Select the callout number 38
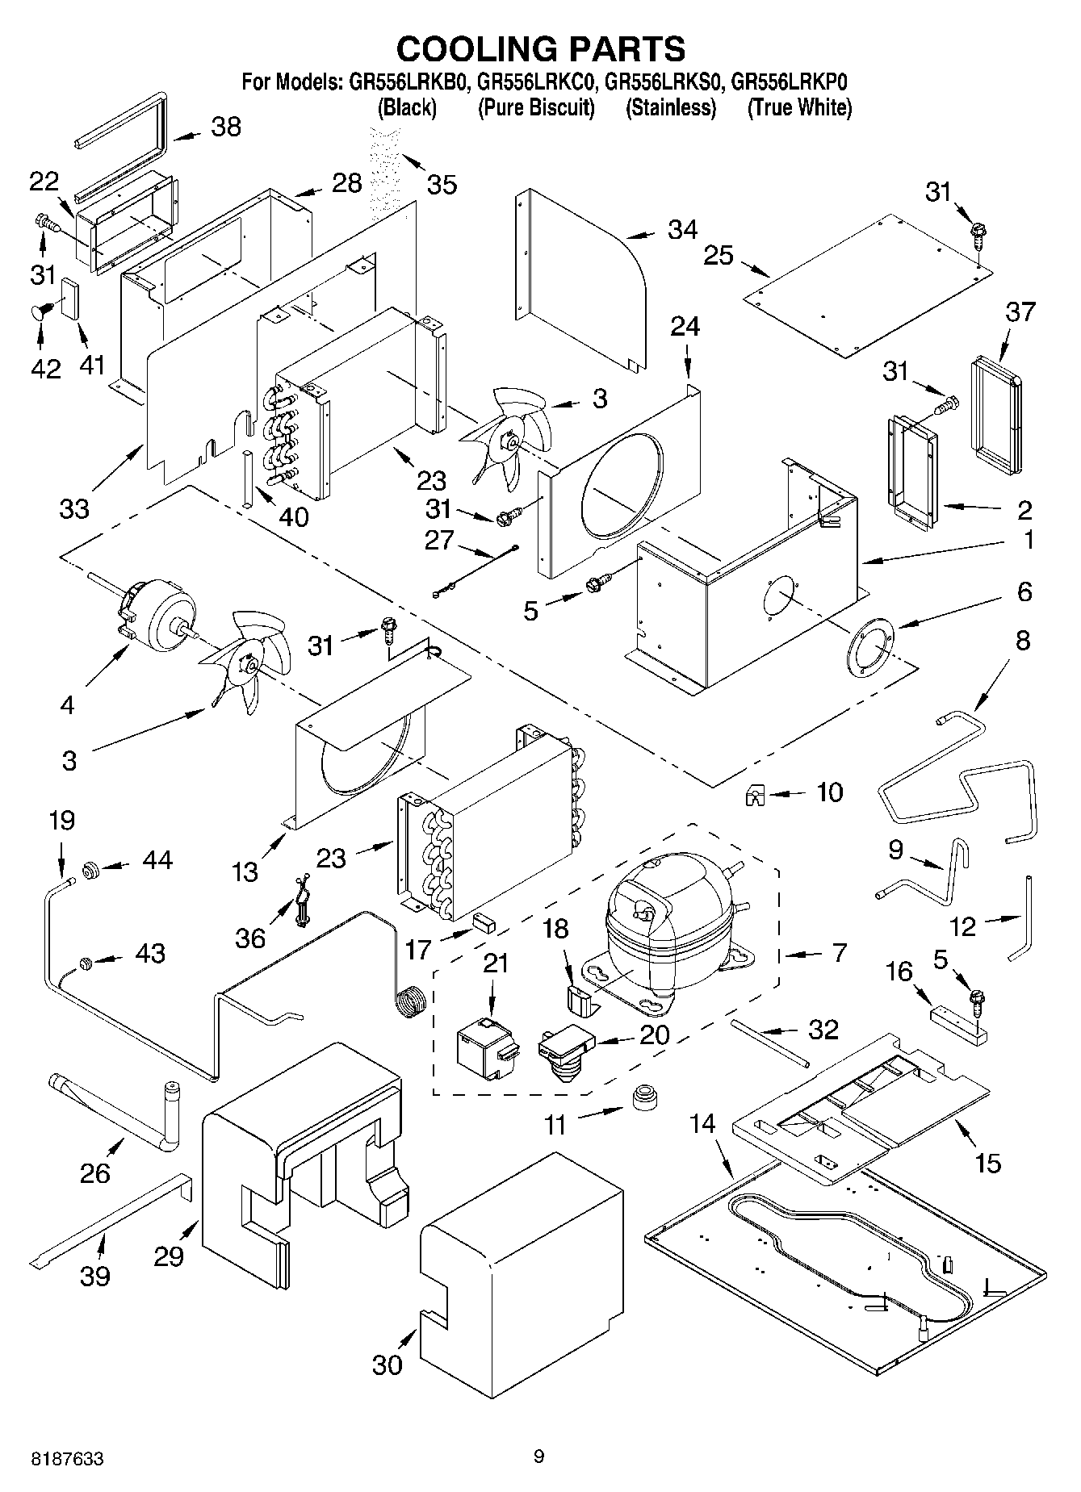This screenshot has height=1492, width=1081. pos(226,127)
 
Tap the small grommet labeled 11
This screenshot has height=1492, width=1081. pos(643,1098)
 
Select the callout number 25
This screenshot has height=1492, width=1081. pos(719,256)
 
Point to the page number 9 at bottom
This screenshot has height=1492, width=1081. pos(539,1456)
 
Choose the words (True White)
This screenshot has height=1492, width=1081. pos(799,107)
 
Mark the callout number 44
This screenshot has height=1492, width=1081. pos(157,860)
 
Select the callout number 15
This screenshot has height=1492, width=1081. pos(987,1163)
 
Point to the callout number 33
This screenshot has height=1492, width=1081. pos(74,509)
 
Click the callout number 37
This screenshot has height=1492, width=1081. pos(1020,311)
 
